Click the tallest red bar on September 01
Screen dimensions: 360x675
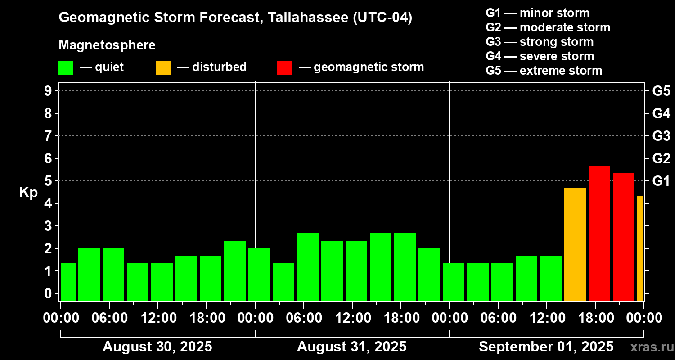[x=599, y=233]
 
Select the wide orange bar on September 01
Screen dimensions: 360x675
[x=575, y=244]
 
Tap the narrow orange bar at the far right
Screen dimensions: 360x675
[x=639, y=248]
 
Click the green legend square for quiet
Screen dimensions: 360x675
[x=66, y=67]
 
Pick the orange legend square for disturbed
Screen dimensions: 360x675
[x=163, y=67]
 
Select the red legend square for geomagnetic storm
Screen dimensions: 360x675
[x=284, y=67]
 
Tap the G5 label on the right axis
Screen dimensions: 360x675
[x=661, y=91]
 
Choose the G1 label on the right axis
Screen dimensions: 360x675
[x=661, y=181]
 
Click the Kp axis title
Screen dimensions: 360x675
[x=28, y=192]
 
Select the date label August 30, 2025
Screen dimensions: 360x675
[x=157, y=347]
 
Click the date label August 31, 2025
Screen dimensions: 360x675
[x=351, y=347]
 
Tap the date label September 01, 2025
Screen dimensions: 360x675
[x=546, y=347]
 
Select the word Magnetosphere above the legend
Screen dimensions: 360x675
[x=107, y=45]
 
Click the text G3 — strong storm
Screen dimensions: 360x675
[x=540, y=42]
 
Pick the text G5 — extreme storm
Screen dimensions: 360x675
[x=544, y=71]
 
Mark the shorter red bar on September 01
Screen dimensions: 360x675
[x=623, y=237]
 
